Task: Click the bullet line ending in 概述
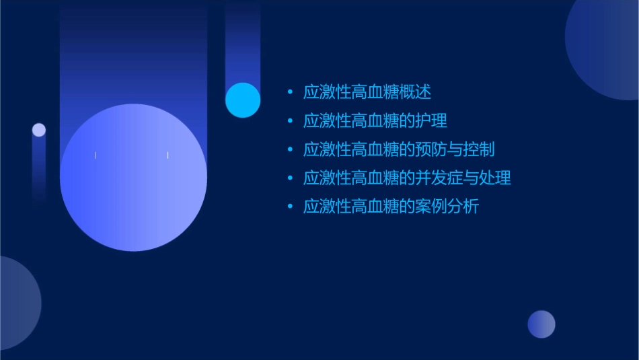pyautogui.click(x=367, y=92)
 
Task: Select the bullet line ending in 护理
pyautogui.click(x=375, y=121)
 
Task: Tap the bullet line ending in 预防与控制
pyautogui.click(x=398, y=149)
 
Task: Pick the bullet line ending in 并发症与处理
pyautogui.click(x=406, y=178)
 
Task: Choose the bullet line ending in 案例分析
pyautogui.click(x=390, y=207)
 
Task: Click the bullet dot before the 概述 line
pyautogui.click(x=290, y=92)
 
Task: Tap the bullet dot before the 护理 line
pyautogui.click(x=290, y=121)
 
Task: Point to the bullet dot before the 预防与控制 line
pyautogui.click(x=290, y=149)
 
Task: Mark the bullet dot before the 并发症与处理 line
pyautogui.click(x=290, y=178)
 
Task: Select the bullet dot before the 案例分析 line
pyautogui.click(x=290, y=207)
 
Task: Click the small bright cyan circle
pyautogui.click(x=243, y=100)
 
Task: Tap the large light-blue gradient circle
pyautogui.click(x=133, y=178)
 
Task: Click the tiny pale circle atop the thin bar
pyautogui.click(x=39, y=130)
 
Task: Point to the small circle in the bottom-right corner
pyautogui.click(x=541, y=324)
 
